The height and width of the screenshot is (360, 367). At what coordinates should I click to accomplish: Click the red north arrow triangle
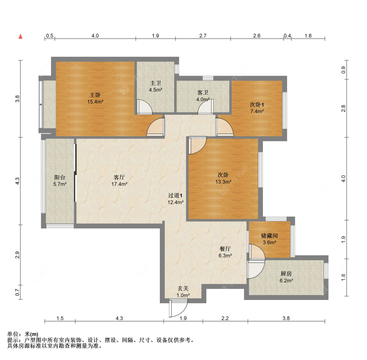pyautogui.click(x=21, y=37)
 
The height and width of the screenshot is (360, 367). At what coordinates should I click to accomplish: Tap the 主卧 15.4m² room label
pyautogui.click(x=95, y=98)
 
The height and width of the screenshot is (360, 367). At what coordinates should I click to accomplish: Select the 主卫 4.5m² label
pyautogui.click(x=156, y=86)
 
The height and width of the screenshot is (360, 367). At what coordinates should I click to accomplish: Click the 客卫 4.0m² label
pyautogui.click(x=203, y=96)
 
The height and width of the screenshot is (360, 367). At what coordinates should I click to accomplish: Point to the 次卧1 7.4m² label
pyautogui.click(x=257, y=108)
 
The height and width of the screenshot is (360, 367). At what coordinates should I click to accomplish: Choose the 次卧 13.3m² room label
pyautogui.click(x=223, y=178)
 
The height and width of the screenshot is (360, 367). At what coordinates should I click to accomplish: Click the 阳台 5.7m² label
pyautogui.click(x=60, y=181)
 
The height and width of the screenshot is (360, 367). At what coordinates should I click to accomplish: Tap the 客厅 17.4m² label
pyautogui.click(x=119, y=181)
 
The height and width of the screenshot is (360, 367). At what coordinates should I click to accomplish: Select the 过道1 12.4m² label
pyautogui.click(x=175, y=199)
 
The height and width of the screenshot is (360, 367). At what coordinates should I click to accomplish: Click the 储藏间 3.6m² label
pyautogui.click(x=269, y=239)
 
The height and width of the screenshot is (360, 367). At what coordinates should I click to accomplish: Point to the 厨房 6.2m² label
pyautogui.click(x=286, y=277)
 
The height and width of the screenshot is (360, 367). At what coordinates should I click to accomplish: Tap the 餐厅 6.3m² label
pyautogui.click(x=225, y=252)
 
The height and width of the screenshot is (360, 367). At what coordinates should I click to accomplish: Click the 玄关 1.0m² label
pyautogui.click(x=183, y=292)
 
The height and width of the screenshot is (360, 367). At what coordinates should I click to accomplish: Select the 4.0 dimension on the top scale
pyautogui.click(x=95, y=36)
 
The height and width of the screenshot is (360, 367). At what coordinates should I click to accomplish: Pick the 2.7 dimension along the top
pyautogui.click(x=203, y=36)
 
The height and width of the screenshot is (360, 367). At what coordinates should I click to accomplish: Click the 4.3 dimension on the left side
pyautogui.click(x=18, y=181)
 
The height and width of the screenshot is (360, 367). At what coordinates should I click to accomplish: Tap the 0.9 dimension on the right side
pyautogui.click(x=343, y=70)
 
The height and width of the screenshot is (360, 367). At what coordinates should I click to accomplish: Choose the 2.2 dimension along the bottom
pyautogui.click(x=225, y=318)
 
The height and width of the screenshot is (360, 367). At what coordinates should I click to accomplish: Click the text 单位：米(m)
pyautogui.click(x=23, y=334)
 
